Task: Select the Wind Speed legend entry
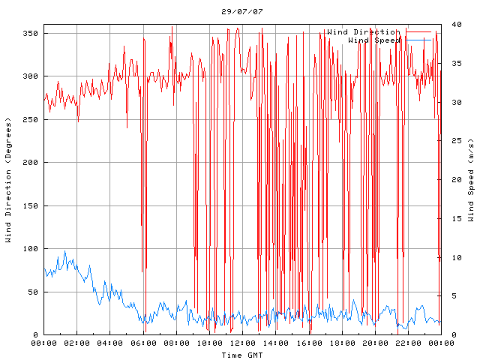[375, 40]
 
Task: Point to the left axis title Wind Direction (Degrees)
[8, 180]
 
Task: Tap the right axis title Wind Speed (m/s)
[471, 180]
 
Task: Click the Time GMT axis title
[241, 354]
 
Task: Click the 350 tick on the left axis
[30, 33]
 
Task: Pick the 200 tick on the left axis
[30, 163]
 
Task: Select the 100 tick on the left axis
[30, 249]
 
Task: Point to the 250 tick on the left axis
[30, 119]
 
